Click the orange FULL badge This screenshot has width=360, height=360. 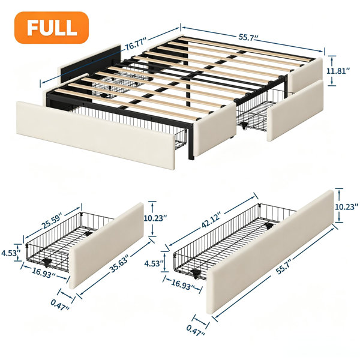pos(52,28)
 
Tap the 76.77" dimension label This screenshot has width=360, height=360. pos(136,44)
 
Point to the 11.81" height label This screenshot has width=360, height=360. pos(338,71)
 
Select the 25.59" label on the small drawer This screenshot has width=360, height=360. pos(52,222)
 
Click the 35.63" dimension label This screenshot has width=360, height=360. pos(119,265)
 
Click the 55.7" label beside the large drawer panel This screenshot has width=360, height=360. pos(284,266)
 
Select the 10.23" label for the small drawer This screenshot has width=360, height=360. pos(155,218)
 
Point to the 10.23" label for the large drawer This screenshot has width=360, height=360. pos(347,207)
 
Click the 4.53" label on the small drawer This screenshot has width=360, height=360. pos(10,253)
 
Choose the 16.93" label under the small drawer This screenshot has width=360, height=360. pos(44,273)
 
